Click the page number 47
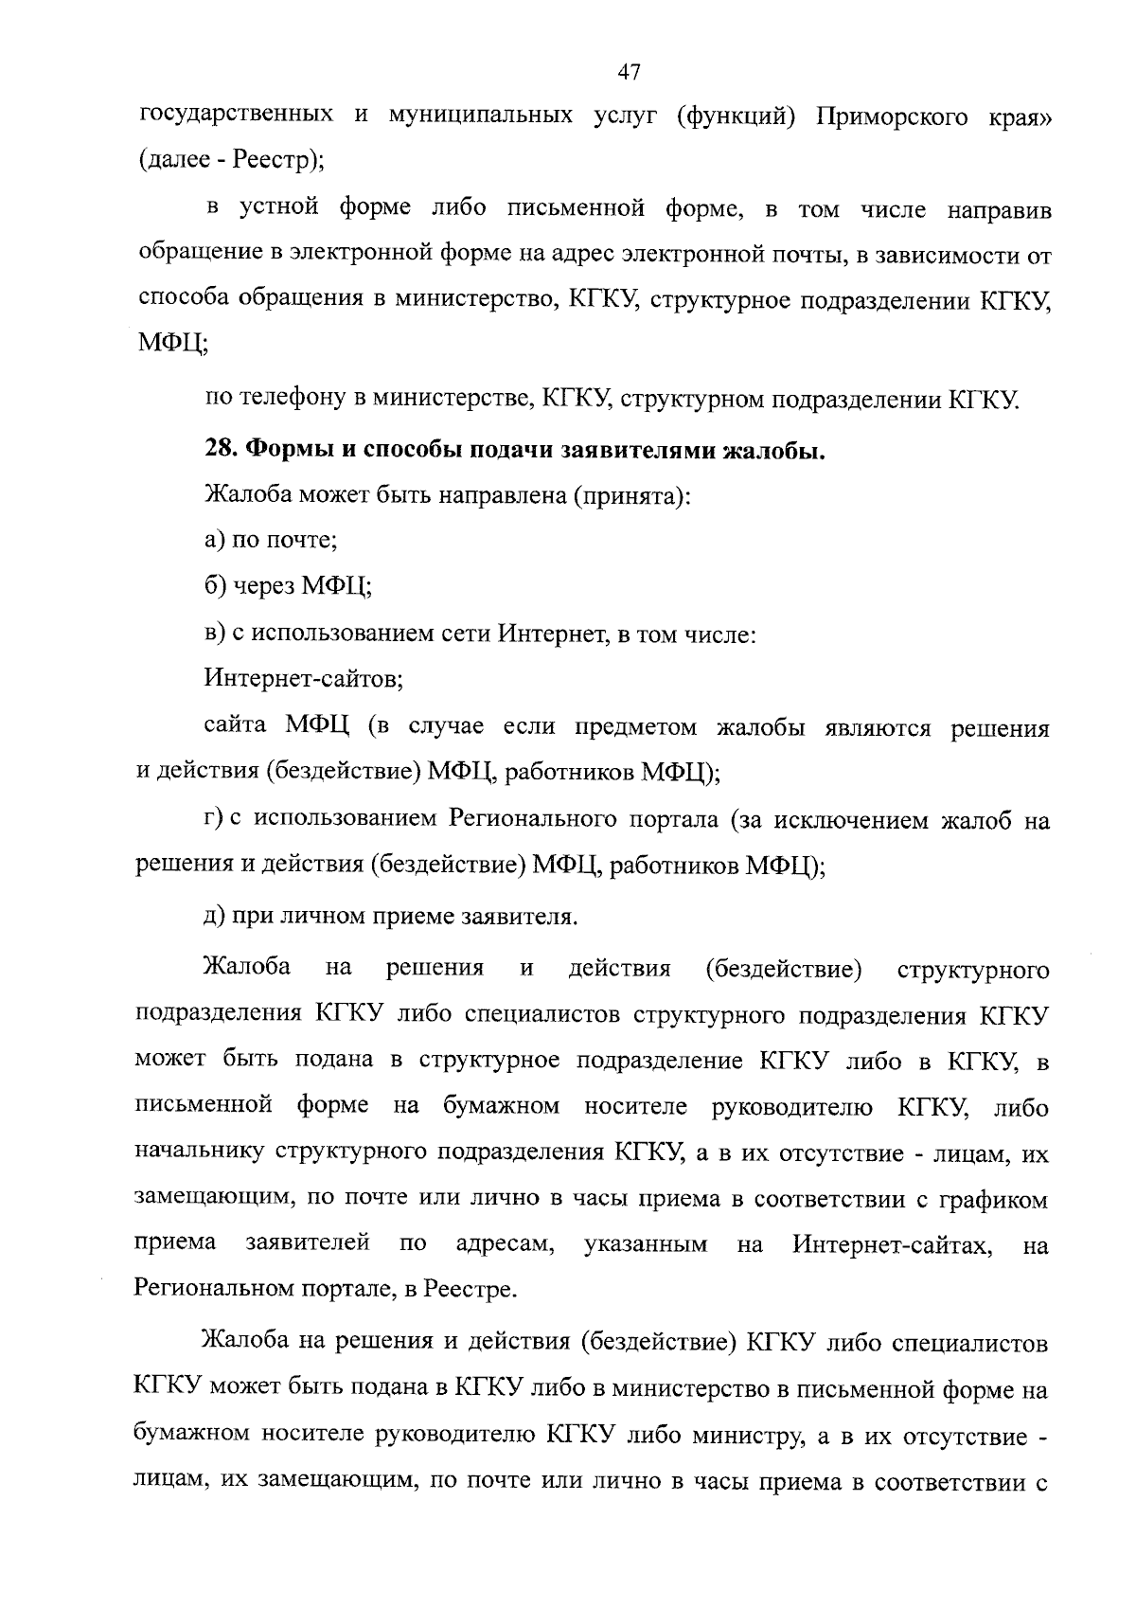pyautogui.click(x=629, y=71)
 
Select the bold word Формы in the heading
pyautogui.click(x=286, y=450)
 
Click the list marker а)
pyautogui.click(x=215, y=541)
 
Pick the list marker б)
pyautogui.click(x=215, y=586)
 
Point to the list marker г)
pyautogui.click(x=213, y=820)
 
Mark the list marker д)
pyautogui.click(x=215, y=917)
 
